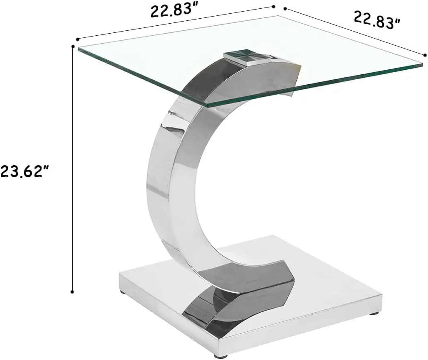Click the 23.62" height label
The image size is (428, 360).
click(27, 171)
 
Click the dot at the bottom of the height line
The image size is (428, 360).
click(73, 291)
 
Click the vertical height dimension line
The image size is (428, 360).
click(73, 166)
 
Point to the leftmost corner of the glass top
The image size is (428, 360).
click(78, 48)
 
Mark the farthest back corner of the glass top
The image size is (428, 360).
click(277, 17)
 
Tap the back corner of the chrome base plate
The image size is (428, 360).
click(272, 236)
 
